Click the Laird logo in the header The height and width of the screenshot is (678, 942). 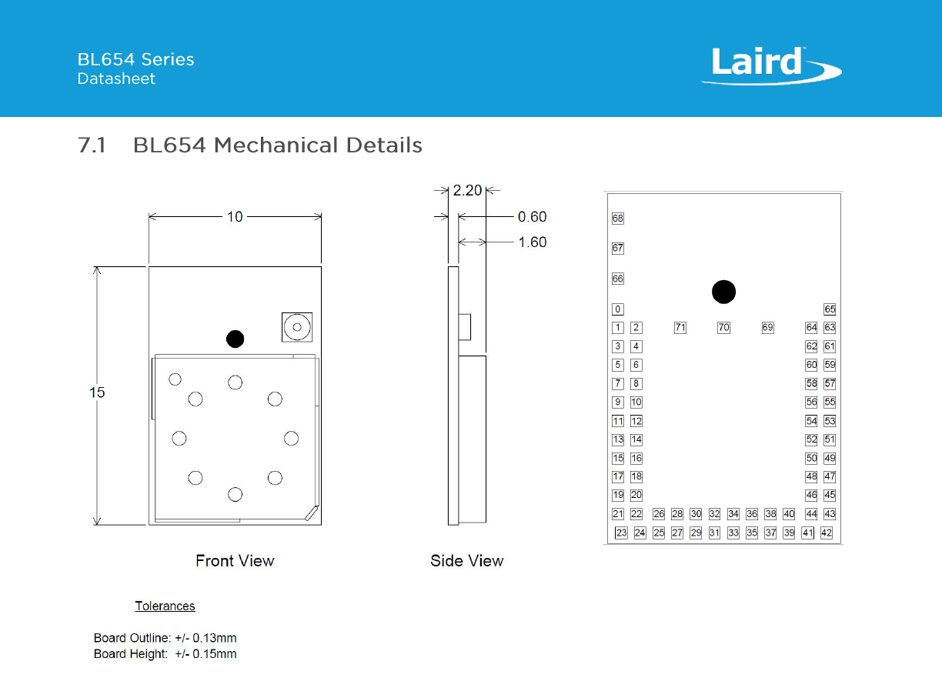coord(771,65)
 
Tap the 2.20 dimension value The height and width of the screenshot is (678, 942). coord(467,191)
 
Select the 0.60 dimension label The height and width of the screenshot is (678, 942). coord(532,216)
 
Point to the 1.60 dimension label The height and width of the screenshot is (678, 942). coord(532,242)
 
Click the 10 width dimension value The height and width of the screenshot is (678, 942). coord(235,216)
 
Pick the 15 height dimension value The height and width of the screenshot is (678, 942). coord(97,392)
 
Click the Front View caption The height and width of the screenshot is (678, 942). coord(235,561)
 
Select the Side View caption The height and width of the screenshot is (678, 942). coord(467,561)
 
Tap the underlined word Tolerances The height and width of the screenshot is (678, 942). coord(165,606)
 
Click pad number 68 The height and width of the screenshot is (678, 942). coord(618,219)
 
